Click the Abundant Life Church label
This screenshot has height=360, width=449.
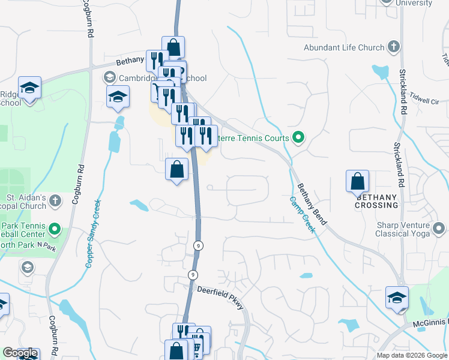pyautogui.click(x=343, y=47)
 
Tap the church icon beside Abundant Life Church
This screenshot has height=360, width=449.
pyautogui.click(x=394, y=46)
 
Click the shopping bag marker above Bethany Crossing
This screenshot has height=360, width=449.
pyautogui.click(x=357, y=180)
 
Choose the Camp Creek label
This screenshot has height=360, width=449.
pyautogui.click(x=301, y=215)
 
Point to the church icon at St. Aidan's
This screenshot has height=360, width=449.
pyautogui.click(x=55, y=201)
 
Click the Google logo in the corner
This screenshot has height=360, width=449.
pyautogui.click(x=20, y=353)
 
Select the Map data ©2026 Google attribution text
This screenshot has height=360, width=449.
pyautogui.click(x=412, y=355)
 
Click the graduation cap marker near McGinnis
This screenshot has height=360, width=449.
pyautogui.click(x=397, y=297)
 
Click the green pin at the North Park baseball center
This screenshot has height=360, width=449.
pyautogui.click(x=55, y=228)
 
